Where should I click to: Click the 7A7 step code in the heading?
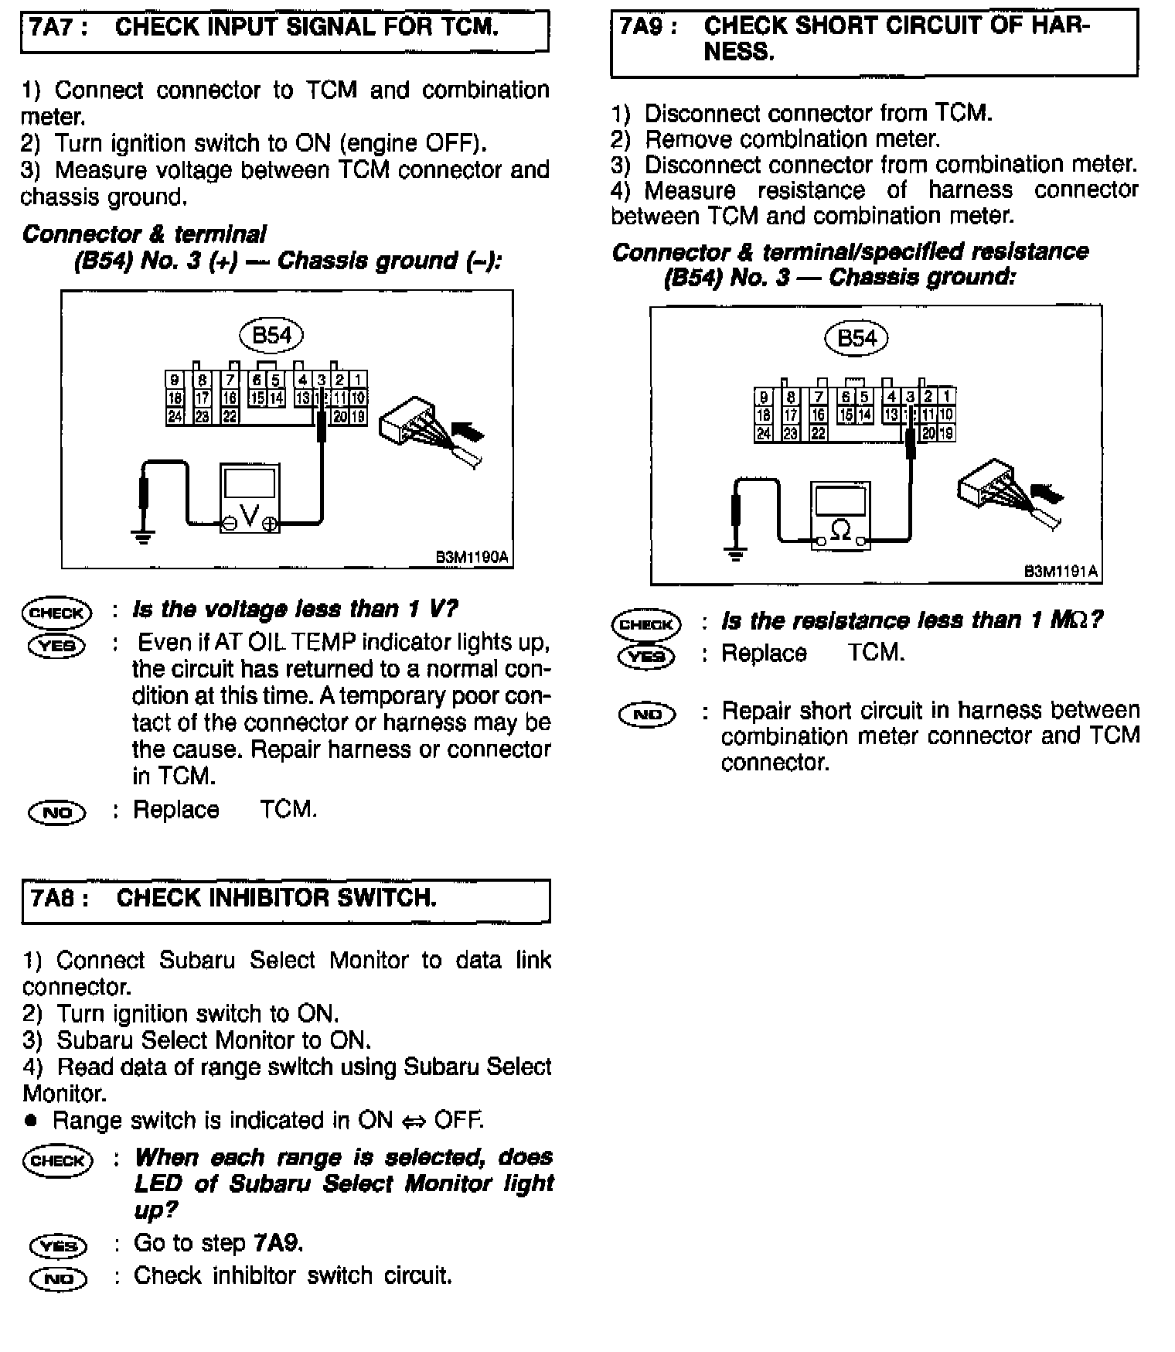56,28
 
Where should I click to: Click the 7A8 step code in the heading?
58,898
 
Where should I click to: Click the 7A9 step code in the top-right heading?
648,26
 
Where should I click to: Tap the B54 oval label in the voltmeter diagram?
271,335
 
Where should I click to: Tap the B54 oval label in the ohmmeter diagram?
857,338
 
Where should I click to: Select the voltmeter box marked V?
250,498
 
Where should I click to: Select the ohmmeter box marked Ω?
840,515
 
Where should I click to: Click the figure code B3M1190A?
472,557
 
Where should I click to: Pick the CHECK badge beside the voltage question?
56,613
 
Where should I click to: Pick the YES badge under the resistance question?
646,656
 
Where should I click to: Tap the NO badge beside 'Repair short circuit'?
647,714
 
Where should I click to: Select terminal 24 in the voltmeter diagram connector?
175,416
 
